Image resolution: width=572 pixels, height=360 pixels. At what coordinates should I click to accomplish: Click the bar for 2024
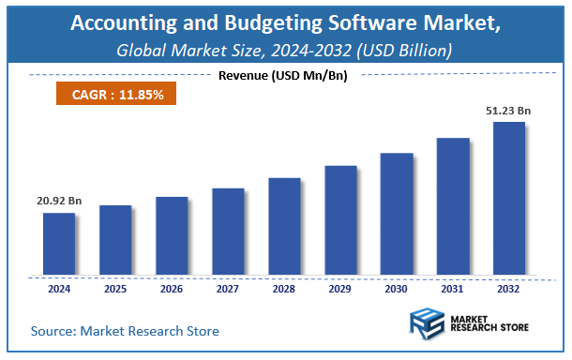[58, 245]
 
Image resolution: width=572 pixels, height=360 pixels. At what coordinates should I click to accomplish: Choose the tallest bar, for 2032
[508, 199]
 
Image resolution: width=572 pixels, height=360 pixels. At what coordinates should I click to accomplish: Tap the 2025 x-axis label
[114, 290]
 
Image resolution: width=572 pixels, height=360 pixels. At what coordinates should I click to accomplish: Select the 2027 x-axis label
[227, 290]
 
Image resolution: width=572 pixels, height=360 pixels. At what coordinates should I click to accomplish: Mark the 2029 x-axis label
[339, 290]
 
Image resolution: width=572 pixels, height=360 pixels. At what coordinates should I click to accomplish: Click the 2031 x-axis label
[452, 290]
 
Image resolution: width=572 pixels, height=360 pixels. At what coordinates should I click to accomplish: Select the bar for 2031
[452, 207]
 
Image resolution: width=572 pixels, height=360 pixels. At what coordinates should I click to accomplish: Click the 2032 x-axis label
[508, 290]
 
